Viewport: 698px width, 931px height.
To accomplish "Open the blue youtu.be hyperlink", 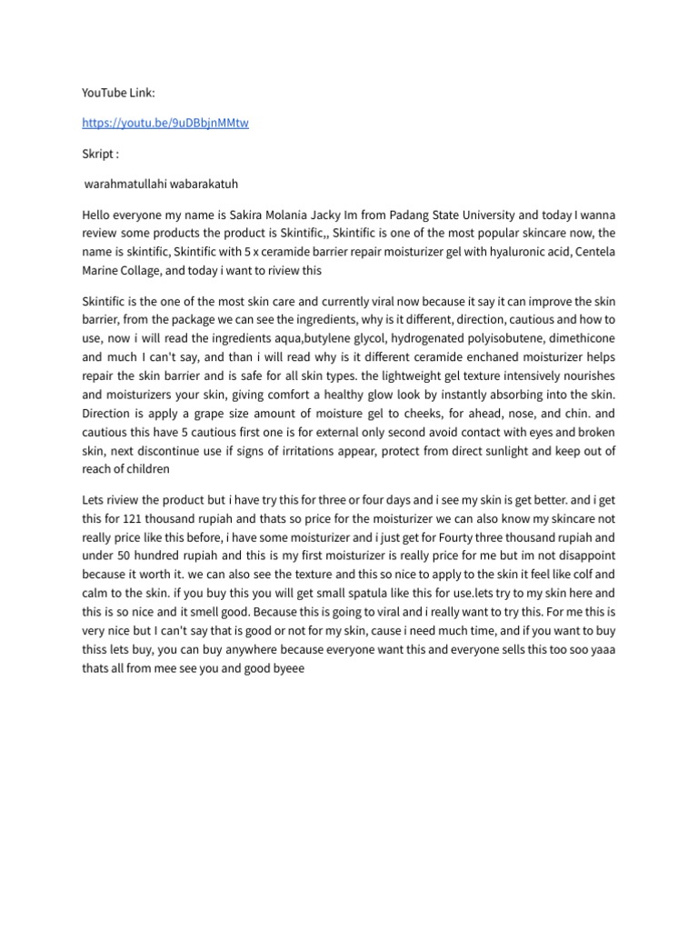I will pos(165,123).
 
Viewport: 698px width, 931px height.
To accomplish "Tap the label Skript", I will pos(100,154).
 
